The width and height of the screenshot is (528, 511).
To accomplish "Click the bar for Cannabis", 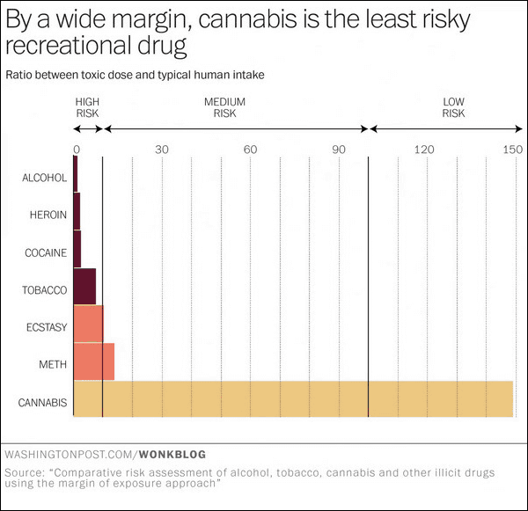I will pyautogui.click(x=292, y=398).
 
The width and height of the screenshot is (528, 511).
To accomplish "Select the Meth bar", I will pyautogui.click(x=93, y=361).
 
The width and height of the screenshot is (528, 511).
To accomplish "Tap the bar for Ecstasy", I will pyautogui.click(x=88, y=324).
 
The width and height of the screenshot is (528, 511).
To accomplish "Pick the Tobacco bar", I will pyautogui.click(x=84, y=287).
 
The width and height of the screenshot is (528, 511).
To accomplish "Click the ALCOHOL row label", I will pyautogui.click(x=44, y=179).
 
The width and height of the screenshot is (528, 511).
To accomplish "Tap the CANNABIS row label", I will pyautogui.click(x=42, y=404).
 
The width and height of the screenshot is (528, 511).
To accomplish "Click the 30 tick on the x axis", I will pyautogui.click(x=162, y=149).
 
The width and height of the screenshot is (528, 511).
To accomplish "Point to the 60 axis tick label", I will pyautogui.click(x=250, y=149).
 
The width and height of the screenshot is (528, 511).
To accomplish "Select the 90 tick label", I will pyautogui.click(x=339, y=149).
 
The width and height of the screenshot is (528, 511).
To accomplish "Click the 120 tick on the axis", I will pyautogui.click(x=425, y=149).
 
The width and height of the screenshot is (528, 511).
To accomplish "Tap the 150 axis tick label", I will pyautogui.click(x=512, y=149).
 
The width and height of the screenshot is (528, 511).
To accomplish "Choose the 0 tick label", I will pyautogui.click(x=77, y=149).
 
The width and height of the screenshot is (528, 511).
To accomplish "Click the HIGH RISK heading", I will pyautogui.click(x=88, y=107).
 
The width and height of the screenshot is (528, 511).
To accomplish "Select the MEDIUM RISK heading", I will pyautogui.click(x=224, y=107).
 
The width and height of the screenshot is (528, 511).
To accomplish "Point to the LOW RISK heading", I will pyautogui.click(x=453, y=107).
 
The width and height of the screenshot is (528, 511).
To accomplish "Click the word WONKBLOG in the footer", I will pyautogui.click(x=172, y=455).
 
